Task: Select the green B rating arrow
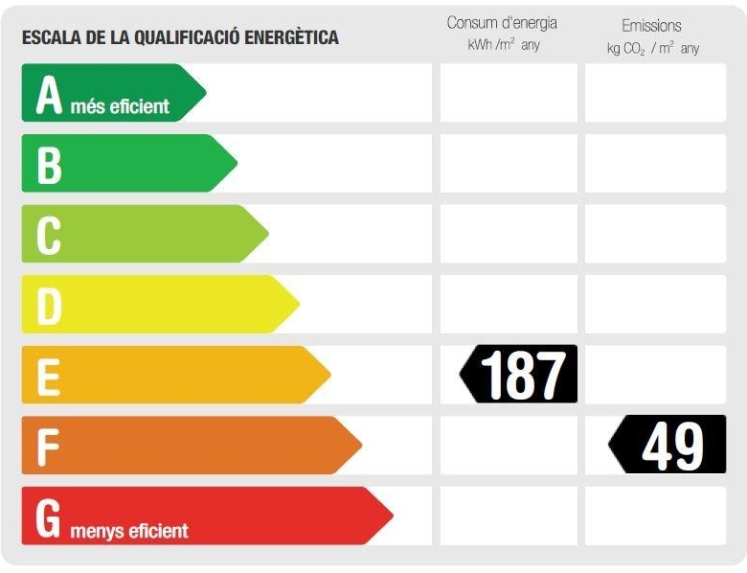(x=124, y=163)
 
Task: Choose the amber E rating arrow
(x=172, y=375)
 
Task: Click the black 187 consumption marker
(x=520, y=374)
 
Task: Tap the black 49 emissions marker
(x=668, y=445)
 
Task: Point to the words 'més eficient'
(x=120, y=106)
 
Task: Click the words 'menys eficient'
(x=129, y=530)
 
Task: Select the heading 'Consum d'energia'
(x=502, y=23)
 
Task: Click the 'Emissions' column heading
(x=651, y=26)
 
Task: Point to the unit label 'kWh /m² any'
(x=504, y=45)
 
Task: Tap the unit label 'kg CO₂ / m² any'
(x=652, y=48)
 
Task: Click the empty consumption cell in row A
(x=509, y=93)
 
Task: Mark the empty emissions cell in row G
(x=655, y=516)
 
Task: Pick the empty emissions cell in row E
(x=655, y=375)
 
